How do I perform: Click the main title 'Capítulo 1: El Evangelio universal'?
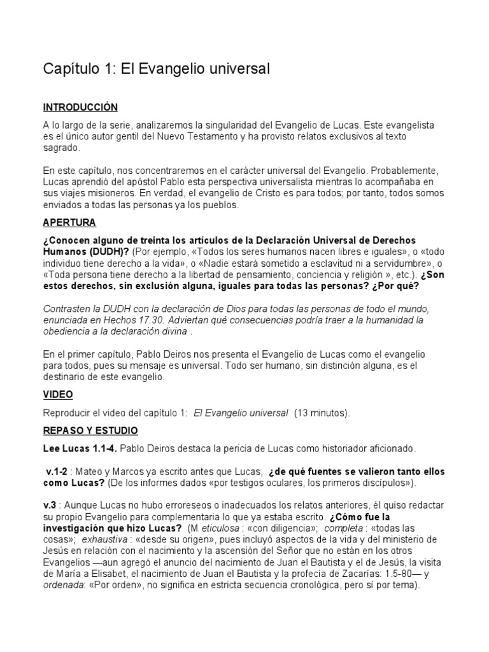(x=157, y=68)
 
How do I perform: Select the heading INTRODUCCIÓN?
(x=80, y=107)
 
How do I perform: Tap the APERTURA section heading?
(x=69, y=223)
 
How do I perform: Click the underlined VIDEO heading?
(x=58, y=395)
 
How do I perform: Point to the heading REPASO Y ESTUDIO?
(x=90, y=430)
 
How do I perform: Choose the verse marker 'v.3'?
(x=51, y=505)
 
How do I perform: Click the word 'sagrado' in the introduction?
(x=62, y=148)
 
